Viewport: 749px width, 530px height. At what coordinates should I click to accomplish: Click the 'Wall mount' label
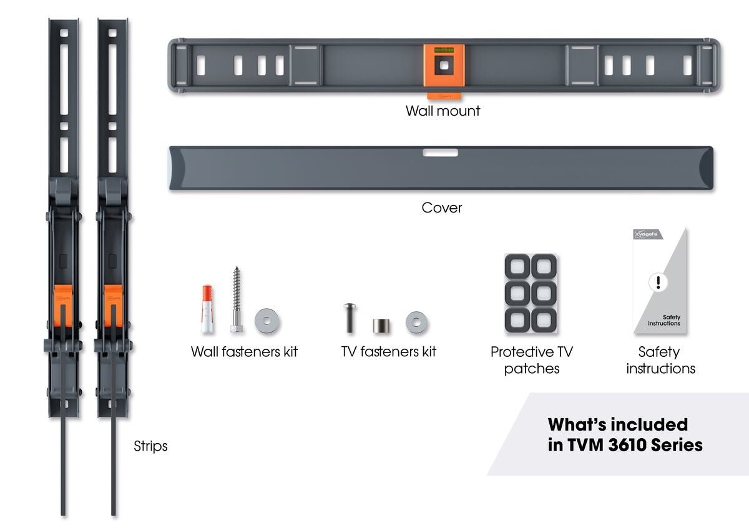[443, 111]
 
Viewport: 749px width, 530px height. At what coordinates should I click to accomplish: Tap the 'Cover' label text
[442, 207]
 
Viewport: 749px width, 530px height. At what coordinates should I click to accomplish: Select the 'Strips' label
[150, 446]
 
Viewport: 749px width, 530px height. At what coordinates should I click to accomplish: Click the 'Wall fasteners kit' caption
[244, 351]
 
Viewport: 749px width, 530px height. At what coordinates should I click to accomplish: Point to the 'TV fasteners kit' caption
[388, 351]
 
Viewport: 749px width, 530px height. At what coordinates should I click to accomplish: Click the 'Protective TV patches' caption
[531, 360]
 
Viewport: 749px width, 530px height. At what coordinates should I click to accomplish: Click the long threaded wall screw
[237, 300]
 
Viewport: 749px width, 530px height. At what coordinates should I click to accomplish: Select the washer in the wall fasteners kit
[267, 321]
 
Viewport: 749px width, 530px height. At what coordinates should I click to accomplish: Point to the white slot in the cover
[440, 152]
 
